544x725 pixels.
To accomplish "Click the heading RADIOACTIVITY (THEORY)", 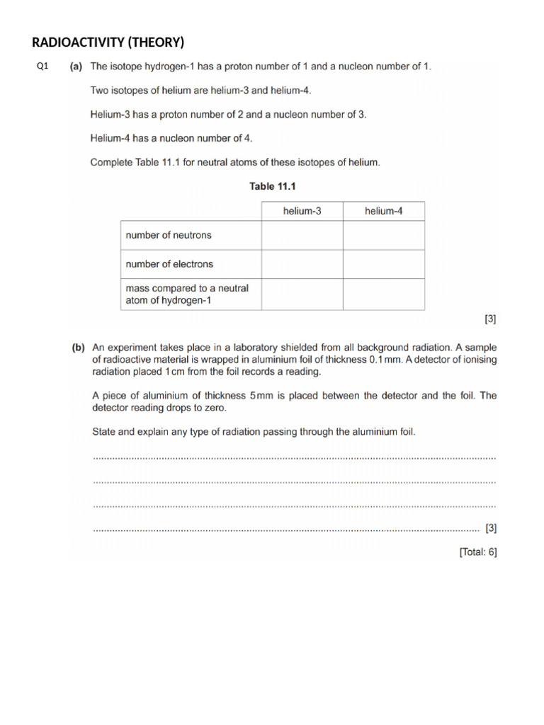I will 108,42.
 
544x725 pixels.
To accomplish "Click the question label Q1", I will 42,67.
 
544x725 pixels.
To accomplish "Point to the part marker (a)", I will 76,67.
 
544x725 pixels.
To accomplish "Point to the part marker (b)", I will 78,348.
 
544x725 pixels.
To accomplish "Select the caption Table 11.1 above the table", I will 271,186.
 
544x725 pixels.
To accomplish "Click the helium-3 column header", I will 302,211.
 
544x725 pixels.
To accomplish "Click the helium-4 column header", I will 383,211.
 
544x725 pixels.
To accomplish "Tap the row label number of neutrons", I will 169,235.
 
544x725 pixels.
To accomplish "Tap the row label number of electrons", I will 169,264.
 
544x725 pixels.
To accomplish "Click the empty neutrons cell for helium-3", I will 302,235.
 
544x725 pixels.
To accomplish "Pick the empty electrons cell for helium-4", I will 384,264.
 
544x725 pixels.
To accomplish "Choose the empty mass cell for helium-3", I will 302,294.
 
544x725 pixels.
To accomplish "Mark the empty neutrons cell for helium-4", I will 384,235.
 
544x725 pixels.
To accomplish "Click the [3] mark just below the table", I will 490,319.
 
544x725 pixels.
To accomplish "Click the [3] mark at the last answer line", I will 490,528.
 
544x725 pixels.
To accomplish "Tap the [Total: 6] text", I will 478,552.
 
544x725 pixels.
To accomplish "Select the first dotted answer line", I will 294,458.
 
